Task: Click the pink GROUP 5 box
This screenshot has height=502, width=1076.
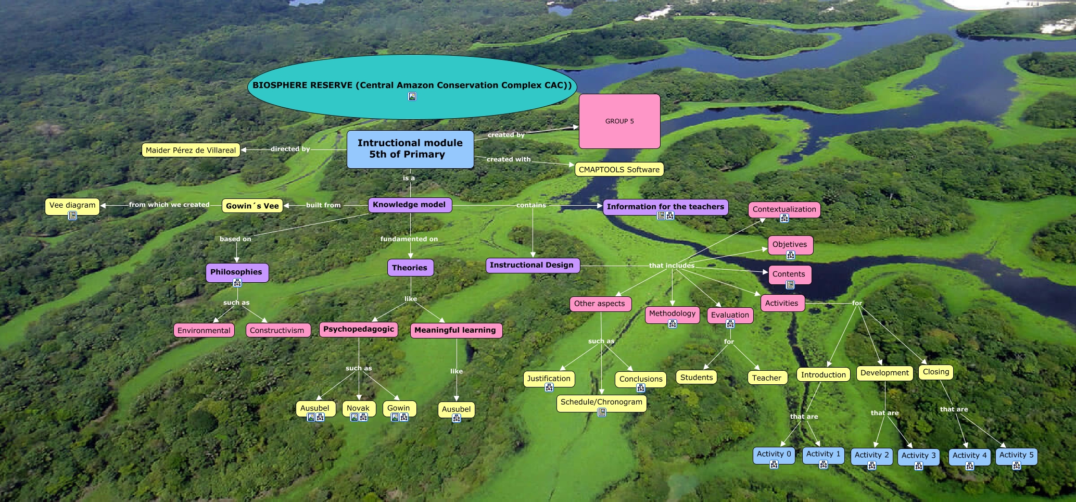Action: [619, 121]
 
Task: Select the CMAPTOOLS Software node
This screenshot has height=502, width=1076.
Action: [619, 169]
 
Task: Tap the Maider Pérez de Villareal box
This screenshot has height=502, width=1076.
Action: [191, 150]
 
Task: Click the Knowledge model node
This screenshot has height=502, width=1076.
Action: [410, 205]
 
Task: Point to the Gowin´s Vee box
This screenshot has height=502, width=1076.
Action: [252, 206]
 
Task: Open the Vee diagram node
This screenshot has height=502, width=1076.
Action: [72, 205]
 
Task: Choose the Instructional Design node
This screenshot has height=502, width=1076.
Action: [531, 265]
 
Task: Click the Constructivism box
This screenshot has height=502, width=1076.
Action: [277, 330]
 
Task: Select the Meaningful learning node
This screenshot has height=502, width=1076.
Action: [455, 330]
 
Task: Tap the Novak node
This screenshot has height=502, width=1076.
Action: [358, 408]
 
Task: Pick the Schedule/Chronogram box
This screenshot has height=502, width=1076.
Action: [601, 402]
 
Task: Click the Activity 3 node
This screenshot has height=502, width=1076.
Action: [918, 456]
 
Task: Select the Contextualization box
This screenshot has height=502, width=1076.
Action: [784, 209]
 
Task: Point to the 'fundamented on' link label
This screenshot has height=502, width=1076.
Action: [409, 239]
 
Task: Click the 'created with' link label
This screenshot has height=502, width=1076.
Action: [509, 159]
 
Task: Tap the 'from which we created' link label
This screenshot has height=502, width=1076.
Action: [169, 205]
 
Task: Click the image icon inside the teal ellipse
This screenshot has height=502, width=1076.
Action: [412, 96]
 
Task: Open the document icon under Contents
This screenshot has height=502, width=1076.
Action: [790, 285]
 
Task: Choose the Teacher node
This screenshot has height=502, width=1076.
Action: [766, 378]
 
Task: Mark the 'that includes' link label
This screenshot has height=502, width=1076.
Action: [672, 266]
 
